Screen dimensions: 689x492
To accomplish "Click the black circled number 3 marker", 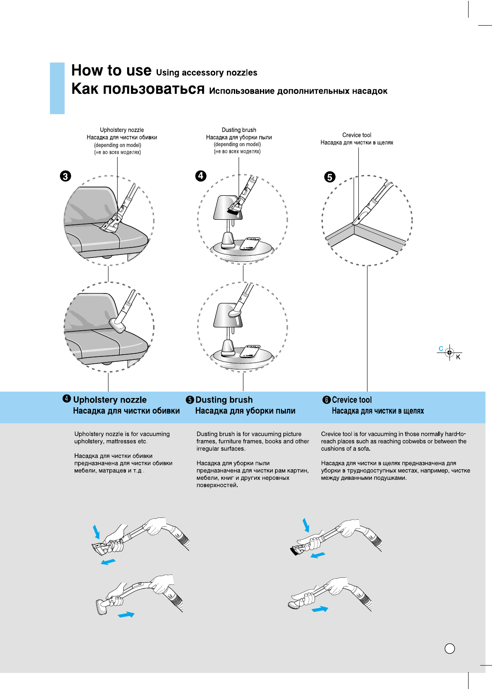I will click(x=66, y=176).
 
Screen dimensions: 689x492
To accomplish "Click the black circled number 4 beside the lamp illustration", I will click(x=201, y=176).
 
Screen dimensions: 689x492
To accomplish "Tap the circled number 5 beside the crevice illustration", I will click(x=330, y=177).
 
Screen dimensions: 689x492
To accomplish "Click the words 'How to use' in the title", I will click(x=112, y=70).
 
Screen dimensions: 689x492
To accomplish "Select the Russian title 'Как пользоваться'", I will click(x=138, y=89).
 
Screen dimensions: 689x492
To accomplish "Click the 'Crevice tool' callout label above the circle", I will click(x=357, y=135).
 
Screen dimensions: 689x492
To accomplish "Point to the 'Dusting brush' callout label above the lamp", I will click(x=239, y=130).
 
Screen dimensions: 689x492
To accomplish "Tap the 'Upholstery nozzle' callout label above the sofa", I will click(x=122, y=130).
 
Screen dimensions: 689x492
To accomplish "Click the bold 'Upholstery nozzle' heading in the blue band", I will click(x=110, y=400).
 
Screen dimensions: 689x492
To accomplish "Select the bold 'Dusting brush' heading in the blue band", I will click(x=224, y=400).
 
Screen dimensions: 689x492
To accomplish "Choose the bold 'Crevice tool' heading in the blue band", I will click(x=352, y=400).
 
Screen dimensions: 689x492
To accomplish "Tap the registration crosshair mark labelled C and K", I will click(x=450, y=353).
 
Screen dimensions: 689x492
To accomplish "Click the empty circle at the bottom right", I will click(x=450, y=649).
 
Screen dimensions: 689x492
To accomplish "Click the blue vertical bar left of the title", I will click(x=57, y=88).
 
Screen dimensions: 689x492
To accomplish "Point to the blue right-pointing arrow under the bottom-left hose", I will click(x=126, y=614).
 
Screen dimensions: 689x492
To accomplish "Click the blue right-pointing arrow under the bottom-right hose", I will click(x=320, y=610).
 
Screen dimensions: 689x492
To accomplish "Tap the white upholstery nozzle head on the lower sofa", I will click(x=118, y=325).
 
